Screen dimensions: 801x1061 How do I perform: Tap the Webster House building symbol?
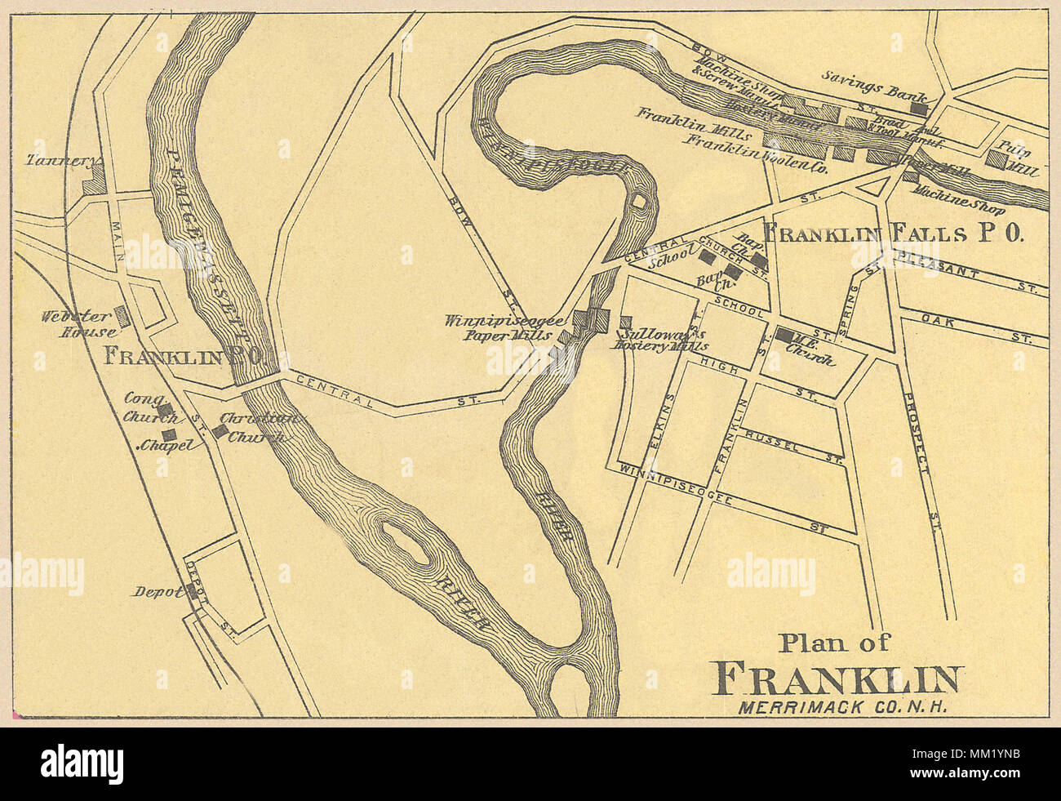pyautogui.click(x=122, y=317)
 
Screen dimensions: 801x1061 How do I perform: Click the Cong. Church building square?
pyautogui.click(x=164, y=410)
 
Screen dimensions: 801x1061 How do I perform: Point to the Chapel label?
pyautogui.click(x=167, y=446)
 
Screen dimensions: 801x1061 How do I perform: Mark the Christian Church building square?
pyautogui.click(x=220, y=430)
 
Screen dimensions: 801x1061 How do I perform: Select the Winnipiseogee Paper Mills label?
pyautogui.click(x=504, y=327)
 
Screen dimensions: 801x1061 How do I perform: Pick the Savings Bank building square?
pyautogui.click(x=920, y=107)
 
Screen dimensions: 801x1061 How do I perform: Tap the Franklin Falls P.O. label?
pyautogui.click(x=892, y=234)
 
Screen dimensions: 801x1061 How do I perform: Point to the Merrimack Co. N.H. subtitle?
pyautogui.click(x=841, y=708)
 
